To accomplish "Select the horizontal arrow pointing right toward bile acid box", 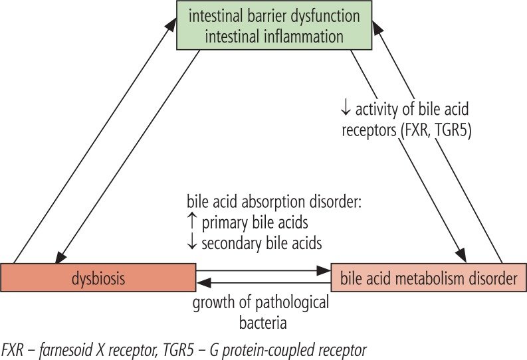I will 263,271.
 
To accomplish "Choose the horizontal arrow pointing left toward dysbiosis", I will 263,284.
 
